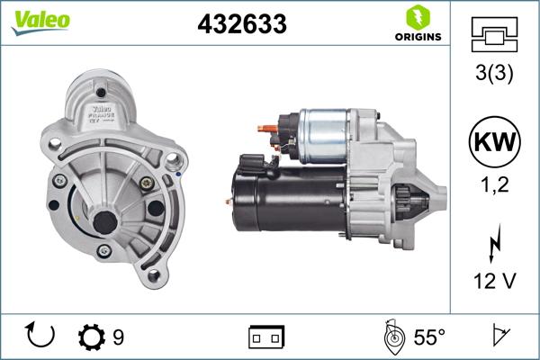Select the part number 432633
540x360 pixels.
point(241,25)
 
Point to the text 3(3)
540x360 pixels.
point(494,76)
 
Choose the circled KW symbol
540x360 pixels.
point(494,141)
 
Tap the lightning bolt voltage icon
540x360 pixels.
point(494,241)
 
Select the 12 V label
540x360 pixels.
point(494,282)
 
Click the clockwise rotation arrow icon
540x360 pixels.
point(41,336)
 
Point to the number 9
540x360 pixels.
point(118,337)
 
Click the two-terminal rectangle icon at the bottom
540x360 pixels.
point(266,337)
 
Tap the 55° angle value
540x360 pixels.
point(429,337)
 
